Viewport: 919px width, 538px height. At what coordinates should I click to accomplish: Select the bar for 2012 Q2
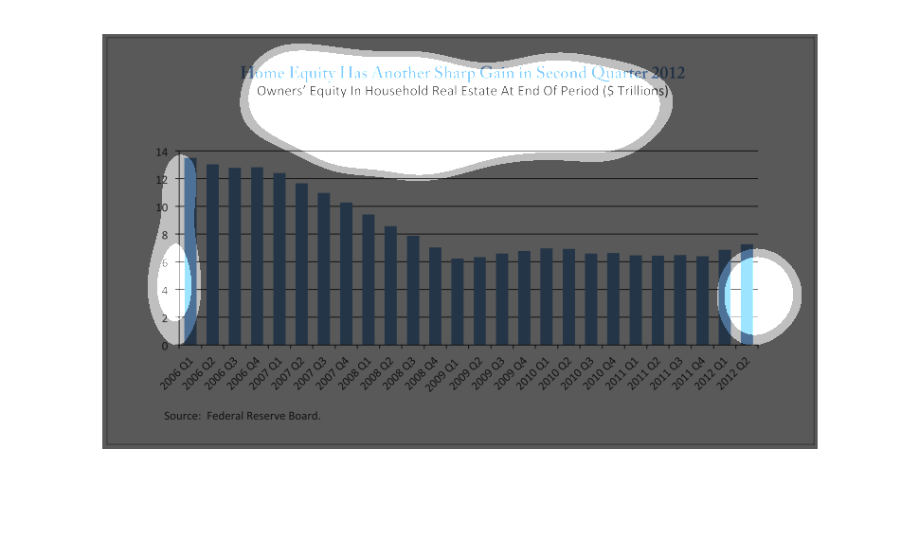pyautogui.click(x=747, y=295)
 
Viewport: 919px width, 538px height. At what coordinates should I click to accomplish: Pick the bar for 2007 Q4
pyautogui.click(x=346, y=274)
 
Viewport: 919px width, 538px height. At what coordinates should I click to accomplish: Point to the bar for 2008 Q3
pyautogui.click(x=413, y=290)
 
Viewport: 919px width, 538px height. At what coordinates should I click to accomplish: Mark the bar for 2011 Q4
pyautogui.click(x=702, y=300)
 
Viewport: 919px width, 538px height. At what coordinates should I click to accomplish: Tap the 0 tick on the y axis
pyautogui.click(x=164, y=346)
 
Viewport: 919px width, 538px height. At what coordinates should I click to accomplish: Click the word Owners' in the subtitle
pyautogui.click(x=279, y=92)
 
